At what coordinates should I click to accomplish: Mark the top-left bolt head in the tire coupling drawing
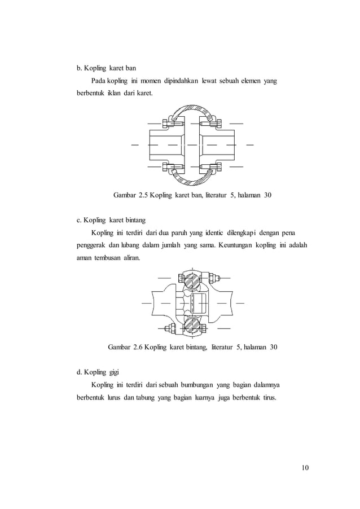pos(165,122)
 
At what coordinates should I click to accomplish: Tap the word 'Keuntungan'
pos(238,245)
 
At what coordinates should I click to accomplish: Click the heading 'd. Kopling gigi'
pos(98,372)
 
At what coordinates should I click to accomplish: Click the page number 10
pos(306,467)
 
